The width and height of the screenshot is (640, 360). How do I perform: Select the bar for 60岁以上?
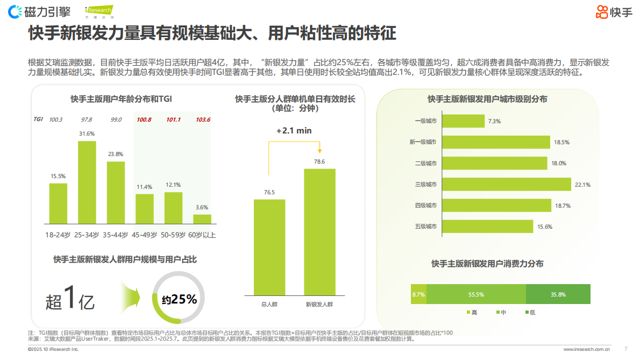[202, 218]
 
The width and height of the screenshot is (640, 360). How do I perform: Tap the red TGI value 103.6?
[203, 119]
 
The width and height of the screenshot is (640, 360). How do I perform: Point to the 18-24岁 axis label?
[58, 235]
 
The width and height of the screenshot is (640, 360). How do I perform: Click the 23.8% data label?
[116, 154]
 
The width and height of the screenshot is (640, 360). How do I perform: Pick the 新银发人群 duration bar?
[319, 232]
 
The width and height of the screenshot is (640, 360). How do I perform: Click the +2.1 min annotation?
[294, 131]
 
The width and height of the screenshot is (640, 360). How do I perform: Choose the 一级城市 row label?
[425, 121]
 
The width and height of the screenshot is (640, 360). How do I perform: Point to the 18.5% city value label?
[561, 142]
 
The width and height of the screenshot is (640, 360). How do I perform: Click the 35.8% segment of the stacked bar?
[558, 294]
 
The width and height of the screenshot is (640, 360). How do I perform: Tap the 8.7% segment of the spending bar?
[418, 294]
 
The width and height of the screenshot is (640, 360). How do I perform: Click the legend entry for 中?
[499, 312]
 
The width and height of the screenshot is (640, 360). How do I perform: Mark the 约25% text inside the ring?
[179, 299]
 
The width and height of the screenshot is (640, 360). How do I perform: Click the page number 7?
[625, 349]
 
